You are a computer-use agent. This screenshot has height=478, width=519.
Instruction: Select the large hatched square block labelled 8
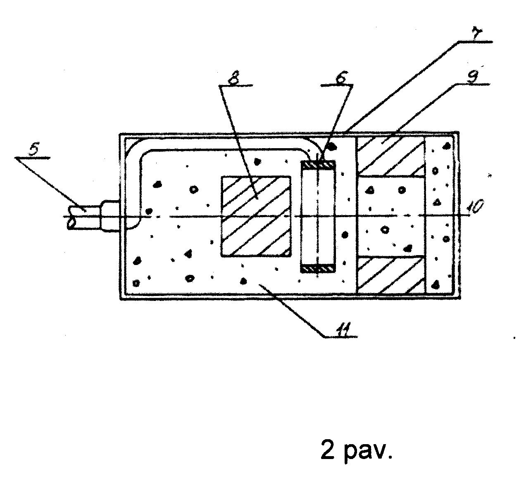click(x=256, y=216)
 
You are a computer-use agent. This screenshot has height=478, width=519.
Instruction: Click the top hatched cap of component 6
click(x=318, y=164)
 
